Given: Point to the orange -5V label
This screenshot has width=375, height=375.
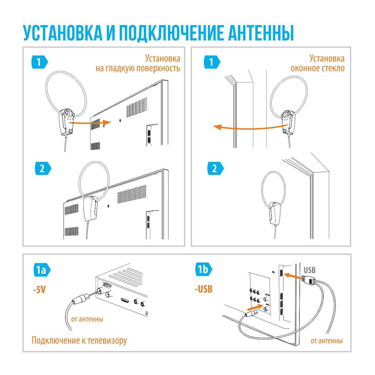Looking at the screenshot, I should (39, 290).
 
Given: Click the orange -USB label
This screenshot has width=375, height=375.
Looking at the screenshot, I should (204, 289).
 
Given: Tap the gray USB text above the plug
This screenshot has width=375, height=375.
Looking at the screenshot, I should (309, 270).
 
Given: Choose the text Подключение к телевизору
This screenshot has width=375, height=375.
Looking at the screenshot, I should (79, 340).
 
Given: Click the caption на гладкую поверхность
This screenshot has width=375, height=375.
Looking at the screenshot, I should (138, 68).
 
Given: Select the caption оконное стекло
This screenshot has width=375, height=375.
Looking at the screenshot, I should (317, 68).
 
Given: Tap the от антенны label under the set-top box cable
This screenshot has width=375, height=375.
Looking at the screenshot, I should (87, 319).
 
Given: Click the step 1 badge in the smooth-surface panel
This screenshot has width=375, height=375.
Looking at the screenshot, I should (39, 62).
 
